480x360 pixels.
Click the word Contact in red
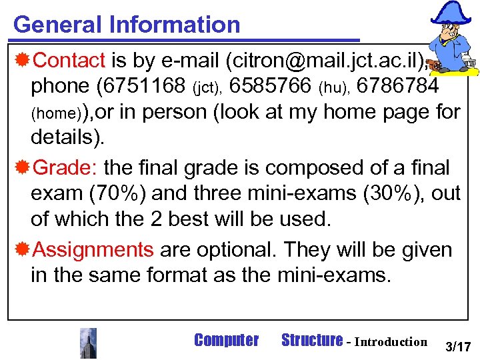tap(69, 61)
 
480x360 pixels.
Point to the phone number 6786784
tap(398, 86)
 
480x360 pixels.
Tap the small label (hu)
tap(334, 87)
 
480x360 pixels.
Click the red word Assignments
tap(93, 250)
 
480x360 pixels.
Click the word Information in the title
tap(175, 25)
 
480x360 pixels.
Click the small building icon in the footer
tap(88, 343)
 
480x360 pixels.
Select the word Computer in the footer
tap(225, 341)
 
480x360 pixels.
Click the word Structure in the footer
tap(311, 341)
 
